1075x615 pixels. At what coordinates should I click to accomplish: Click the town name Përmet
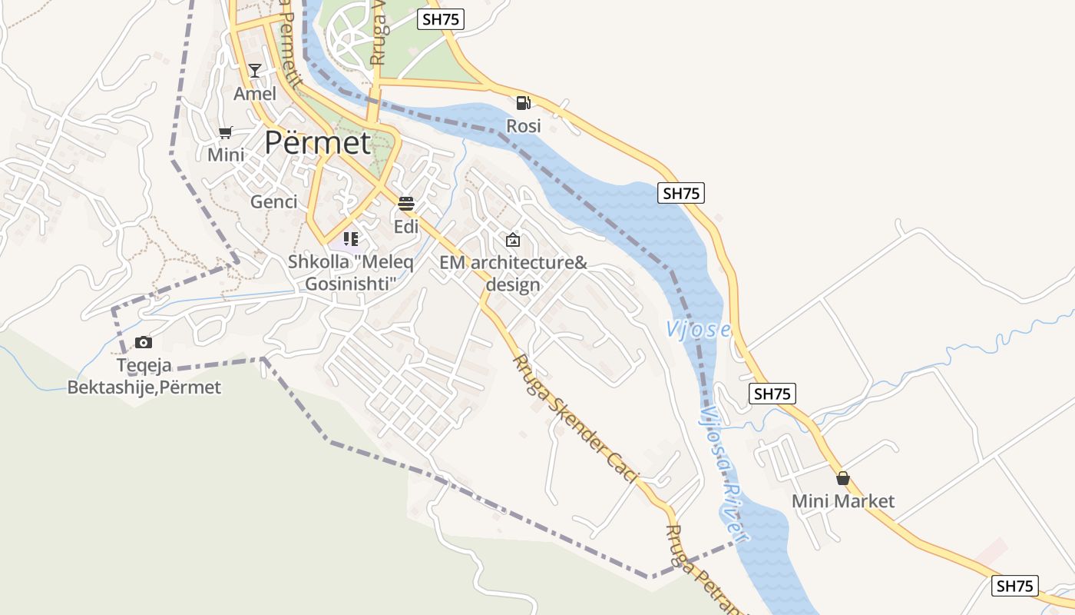pos(317,143)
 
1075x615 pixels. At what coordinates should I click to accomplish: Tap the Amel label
pos(255,94)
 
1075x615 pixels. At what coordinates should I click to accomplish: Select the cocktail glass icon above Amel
pos(255,71)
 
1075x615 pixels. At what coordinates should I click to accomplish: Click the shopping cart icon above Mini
pos(225,132)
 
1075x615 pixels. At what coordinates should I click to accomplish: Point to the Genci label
pos(273,202)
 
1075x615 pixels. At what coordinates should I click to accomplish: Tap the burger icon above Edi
pos(406,204)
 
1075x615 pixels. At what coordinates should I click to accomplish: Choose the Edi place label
pos(406,227)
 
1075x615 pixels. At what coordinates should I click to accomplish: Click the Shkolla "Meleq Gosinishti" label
pos(350,273)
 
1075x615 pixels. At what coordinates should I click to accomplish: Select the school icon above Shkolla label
pos(351,239)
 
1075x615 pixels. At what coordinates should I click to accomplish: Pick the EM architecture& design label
pos(513,273)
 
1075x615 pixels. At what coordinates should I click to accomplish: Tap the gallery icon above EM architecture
pos(513,240)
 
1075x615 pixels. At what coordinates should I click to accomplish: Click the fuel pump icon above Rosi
pos(523,102)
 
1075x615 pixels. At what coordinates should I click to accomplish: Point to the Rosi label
pos(524,125)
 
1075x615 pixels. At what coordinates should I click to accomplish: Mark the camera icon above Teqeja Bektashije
pos(144,342)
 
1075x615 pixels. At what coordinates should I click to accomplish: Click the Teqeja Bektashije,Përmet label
pos(144,377)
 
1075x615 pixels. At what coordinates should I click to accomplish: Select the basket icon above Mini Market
pos(843,478)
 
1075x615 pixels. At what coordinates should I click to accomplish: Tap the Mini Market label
pos(843,501)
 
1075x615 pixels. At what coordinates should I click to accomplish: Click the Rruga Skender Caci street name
pos(576,419)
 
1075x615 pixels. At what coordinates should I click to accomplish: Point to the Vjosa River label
pos(723,473)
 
